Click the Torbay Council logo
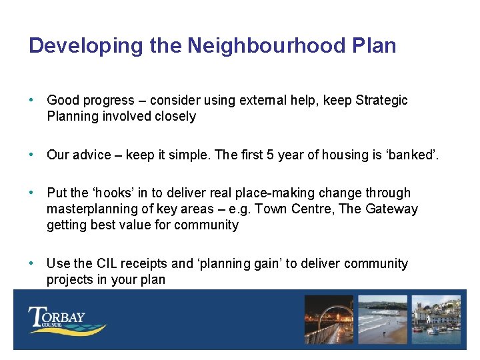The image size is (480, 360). coord(67,319)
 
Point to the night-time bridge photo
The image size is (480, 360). coord(329,319)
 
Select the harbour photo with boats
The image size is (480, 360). coord(436,319)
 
